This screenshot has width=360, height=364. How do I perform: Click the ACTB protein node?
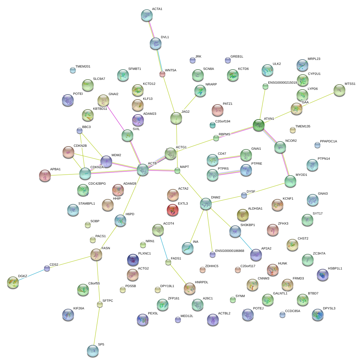point(143,170)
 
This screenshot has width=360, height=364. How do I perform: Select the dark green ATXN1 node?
point(259,125)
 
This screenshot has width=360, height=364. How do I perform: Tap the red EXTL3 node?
point(172,210)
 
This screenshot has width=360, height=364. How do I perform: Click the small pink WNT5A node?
point(162,74)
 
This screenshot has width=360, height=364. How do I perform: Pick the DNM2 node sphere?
point(206,203)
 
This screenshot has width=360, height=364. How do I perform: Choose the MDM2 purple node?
point(106,161)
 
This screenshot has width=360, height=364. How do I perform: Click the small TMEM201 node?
point(73,70)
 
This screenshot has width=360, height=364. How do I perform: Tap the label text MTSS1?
point(350,84)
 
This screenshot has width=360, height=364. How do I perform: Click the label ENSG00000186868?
point(230,251)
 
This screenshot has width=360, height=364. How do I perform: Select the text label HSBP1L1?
point(335,269)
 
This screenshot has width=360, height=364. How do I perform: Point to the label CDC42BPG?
point(97,184)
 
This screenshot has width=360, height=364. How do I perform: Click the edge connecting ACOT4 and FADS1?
point(163,247)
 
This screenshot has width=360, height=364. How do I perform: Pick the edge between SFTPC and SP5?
point(97,326)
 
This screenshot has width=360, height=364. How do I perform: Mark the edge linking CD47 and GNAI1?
point(229,158)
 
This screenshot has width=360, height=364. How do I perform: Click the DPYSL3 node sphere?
point(318,314)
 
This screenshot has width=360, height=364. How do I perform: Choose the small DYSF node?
point(244,195)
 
